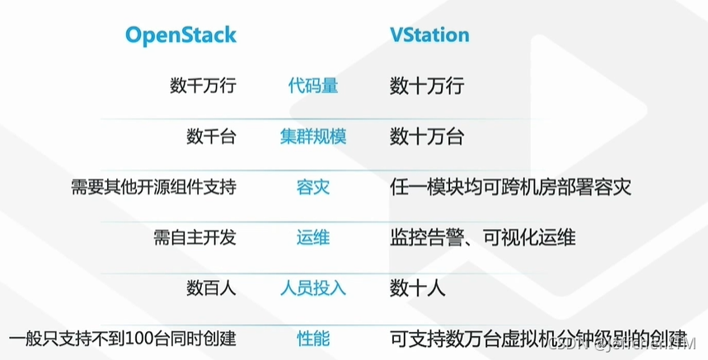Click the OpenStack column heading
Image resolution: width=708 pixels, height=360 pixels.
pos(181,35)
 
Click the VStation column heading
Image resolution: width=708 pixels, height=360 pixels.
pos(429,35)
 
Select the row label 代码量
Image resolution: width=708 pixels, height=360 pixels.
pos(312,85)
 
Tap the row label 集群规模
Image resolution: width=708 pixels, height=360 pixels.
pos(312,136)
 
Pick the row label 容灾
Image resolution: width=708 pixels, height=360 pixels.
pos(312,187)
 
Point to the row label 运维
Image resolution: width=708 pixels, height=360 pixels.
pos(312,237)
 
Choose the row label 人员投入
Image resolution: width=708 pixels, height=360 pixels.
pos(312,288)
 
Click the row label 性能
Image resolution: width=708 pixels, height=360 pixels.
pos(312,338)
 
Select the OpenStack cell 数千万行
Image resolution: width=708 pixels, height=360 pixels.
pos(203,85)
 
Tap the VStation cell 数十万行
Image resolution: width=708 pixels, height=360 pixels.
pos(427,85)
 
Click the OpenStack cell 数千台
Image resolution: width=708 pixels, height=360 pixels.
pos(211,136)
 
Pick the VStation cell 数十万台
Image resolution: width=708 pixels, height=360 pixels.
pos(427,136)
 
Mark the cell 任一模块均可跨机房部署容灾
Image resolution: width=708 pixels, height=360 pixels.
pos(510,187)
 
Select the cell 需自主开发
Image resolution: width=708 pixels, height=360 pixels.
pos(195,237)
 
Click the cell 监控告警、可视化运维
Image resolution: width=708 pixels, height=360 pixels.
pos(482,237)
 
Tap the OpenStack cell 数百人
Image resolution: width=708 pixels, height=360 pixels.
pos(211,288)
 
